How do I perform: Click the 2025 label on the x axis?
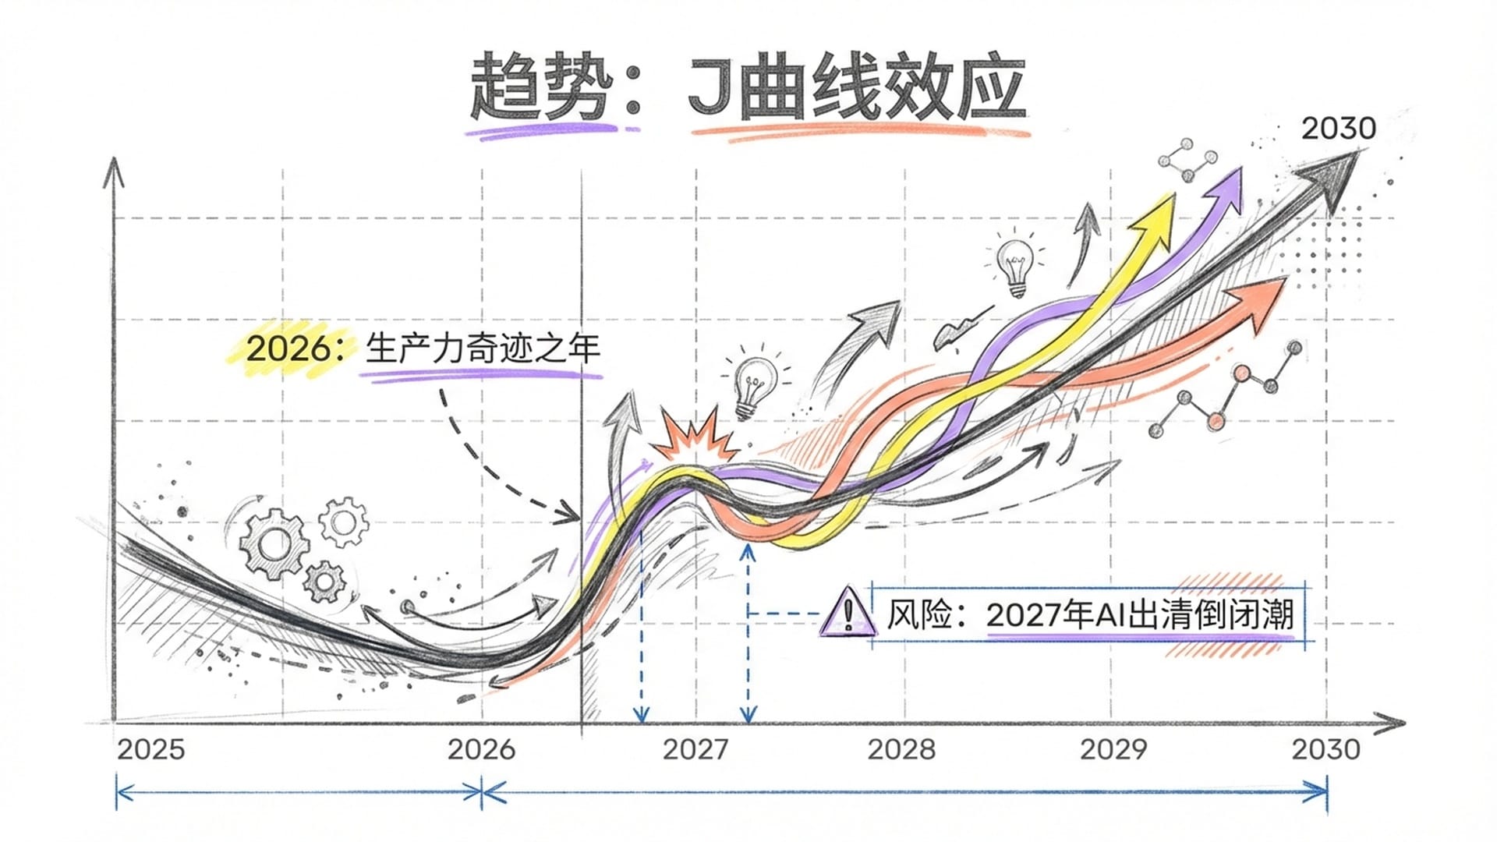(151, 750)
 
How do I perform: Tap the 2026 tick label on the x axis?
(481, 750)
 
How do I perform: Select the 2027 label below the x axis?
(695, 750)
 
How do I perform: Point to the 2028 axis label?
(901, 750)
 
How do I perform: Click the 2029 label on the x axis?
(1113, 750)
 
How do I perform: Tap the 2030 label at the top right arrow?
(1338, 129)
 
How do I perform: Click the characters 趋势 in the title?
(538, 88)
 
